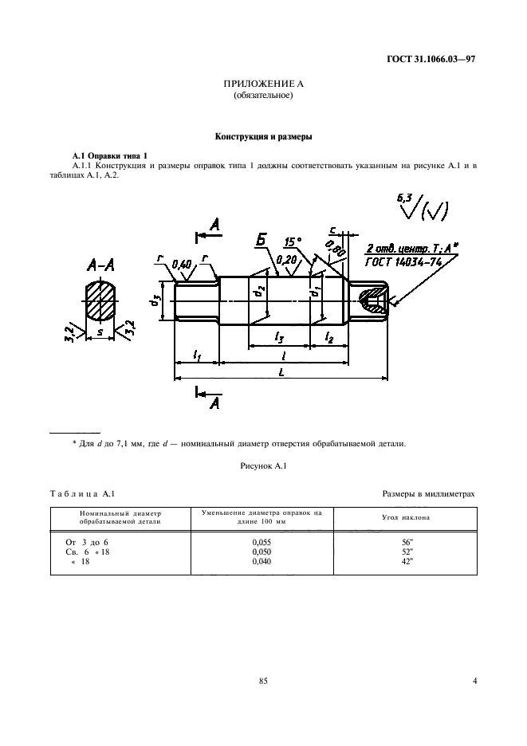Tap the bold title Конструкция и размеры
point(263,136)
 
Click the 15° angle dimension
point(294,241)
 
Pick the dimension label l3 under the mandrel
point(279,337)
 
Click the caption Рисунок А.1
point(263,466)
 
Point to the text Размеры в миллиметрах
point(428,494)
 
